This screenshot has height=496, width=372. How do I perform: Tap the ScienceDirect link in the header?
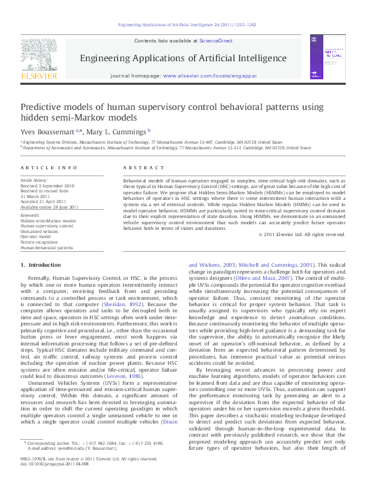click(x=216, y=41)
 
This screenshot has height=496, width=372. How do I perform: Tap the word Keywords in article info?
click(x=30, y=216)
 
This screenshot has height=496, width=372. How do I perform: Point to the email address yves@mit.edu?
click(x=64, y=466)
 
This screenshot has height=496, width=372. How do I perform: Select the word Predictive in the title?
click(x=42, y=107)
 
